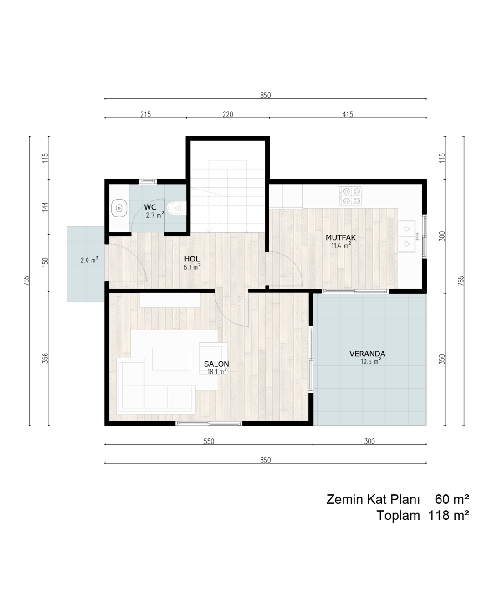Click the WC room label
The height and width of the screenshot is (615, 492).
pos(150,207)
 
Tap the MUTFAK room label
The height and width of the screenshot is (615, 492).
pos(341,237)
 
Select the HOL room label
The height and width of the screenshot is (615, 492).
pos(192,259)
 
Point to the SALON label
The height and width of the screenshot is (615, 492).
pos(216,364)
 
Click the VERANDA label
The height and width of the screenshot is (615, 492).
pos(367,354)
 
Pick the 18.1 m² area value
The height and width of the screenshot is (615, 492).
pos(217,371)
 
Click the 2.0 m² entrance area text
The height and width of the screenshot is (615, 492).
pos(89,260)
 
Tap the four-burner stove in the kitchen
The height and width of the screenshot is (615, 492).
pos(350,196)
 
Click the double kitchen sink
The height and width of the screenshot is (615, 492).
pos(407,236)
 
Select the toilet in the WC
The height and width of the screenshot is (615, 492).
pos(176,208)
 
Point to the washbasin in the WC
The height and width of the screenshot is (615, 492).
pos(119,208)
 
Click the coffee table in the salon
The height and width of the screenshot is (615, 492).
pos(171,359)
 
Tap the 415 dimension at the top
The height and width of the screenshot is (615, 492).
pos(348,114)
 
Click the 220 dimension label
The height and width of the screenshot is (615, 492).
pos(228,114)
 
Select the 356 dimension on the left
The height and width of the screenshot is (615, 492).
pos(45,358)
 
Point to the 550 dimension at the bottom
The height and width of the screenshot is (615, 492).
pos(209,441)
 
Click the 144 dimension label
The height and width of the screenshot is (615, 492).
pos(45,207)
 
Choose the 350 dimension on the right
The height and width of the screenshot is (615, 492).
pos(442,359)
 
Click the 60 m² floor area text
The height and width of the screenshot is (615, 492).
pos(452,499)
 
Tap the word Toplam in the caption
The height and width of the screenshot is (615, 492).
pos(398,516)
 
